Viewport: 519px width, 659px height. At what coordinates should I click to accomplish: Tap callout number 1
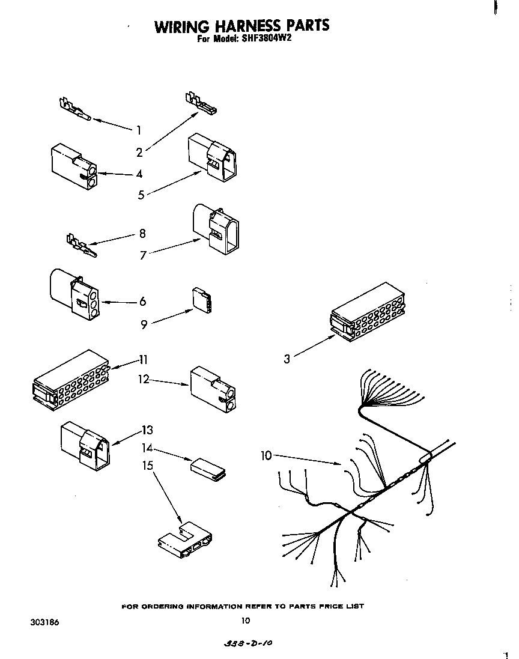point(139,130)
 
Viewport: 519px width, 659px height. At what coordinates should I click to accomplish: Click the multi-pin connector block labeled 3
point(368,312)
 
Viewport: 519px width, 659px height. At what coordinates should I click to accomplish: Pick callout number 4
point(139,174)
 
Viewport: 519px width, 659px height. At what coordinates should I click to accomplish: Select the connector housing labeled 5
point(212,156)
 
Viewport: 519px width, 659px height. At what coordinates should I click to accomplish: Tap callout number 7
point(143,255)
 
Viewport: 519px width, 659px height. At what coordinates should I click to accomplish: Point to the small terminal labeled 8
point(79,245)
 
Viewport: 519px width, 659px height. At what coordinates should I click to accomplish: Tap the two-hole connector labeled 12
point(212,392)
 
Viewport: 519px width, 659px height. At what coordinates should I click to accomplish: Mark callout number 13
point(147,430)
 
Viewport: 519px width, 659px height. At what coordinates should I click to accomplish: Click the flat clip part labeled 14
point(208,468)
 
